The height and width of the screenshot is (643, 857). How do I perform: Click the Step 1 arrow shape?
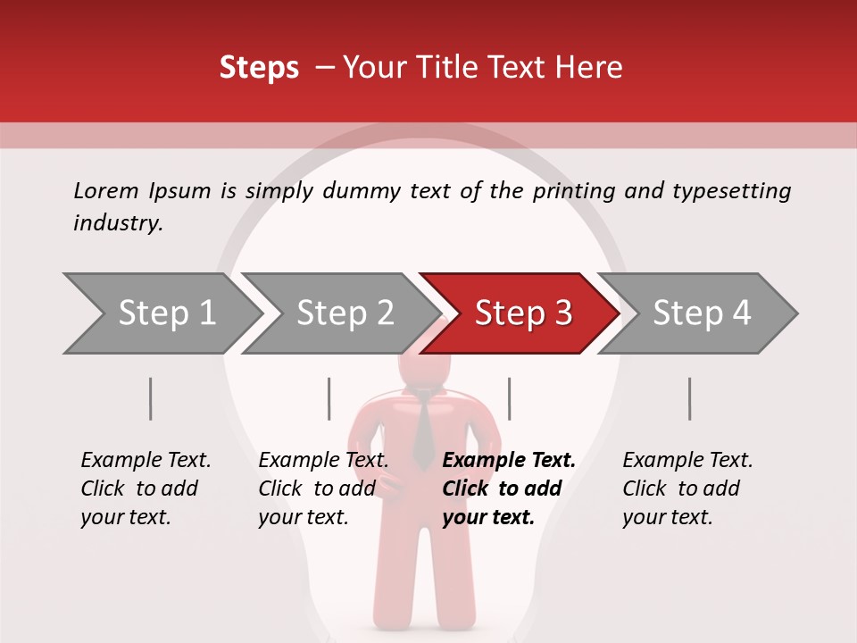click(161, 313)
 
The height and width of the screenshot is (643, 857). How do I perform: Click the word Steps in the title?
click(259, 68)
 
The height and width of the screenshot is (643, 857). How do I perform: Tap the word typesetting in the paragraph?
click(731, 191)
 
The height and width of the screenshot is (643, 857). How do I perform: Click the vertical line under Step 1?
click(151, 398)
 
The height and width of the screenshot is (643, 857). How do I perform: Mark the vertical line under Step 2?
click(329, 398)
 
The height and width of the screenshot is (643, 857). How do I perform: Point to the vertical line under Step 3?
click(509, 398)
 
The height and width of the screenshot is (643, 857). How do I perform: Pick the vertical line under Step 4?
click(689, 398)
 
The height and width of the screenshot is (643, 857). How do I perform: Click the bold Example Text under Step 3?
click(509, 461)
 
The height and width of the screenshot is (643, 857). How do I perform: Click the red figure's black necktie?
click(422, 429)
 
